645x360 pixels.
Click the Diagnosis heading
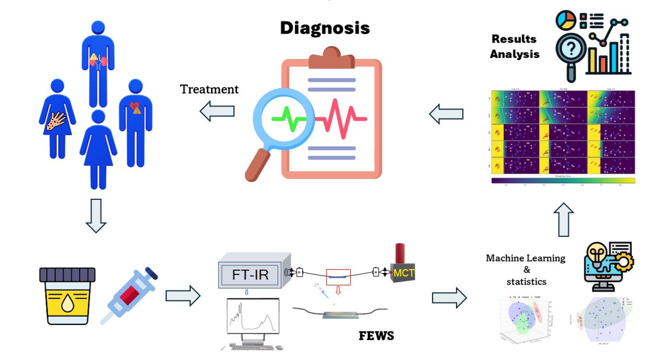pyautogui.click(x=324, y=28)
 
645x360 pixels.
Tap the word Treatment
pyautogui.click(x=209, y=89)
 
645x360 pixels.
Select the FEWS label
pyautogui.click(x=376, y=336)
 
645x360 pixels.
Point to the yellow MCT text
pyautogui.click(x=404, y=273)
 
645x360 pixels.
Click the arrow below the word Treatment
pyautogui.click(x=217, y=112)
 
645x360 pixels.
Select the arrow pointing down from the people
pyautogui.click(x=96, y=216)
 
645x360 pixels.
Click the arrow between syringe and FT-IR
pyautogui.click(x=182, y=296)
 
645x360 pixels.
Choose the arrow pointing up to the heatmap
pyautogui.click(x=564, y=219)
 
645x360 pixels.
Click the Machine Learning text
pyautogui.click(x=525, y=258)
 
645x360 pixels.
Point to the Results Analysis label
pyautogui.click(x=514, y=46)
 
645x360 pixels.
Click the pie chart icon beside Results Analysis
pyautogui.click(x=566, y=20)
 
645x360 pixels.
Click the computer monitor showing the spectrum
pyautogui.click(x=253, y=317)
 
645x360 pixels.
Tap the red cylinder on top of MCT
pyautogui.click(x=400, y=254)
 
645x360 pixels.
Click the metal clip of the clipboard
pyautogui.click(x=331, y=58)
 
